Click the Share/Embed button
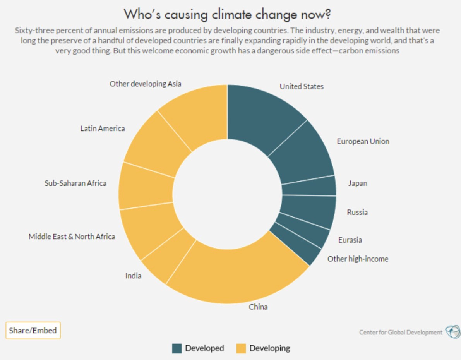(x=33, y=330)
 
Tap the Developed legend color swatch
(x=177, y=348)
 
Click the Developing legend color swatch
(x=241, y=348)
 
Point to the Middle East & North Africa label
(x=72, y=236)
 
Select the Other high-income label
(x=358, y=259)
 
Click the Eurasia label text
(x=350, y=240)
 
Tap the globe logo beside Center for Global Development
(x=452, y=332)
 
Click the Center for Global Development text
(x=401, y=332)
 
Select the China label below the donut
(x=258, y=307)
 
